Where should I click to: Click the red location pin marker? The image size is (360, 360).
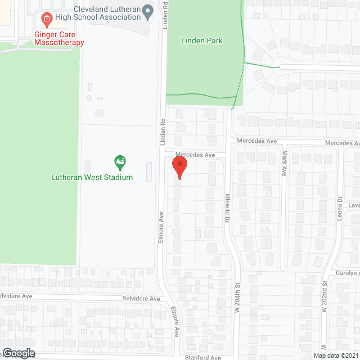pos(179,167)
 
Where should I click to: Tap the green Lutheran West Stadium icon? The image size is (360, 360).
pos(119,163)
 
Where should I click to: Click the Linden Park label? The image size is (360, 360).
pos(202,40)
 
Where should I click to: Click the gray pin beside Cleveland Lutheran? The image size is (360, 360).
pos(148,10)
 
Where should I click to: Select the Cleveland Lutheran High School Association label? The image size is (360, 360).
pos(107,13)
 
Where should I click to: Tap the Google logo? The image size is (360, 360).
pos(17,353)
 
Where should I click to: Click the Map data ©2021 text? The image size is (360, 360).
pos(336,355)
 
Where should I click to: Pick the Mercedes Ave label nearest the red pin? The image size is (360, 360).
pos(195,155)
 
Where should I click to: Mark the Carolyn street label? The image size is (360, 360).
pos(346,273)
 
